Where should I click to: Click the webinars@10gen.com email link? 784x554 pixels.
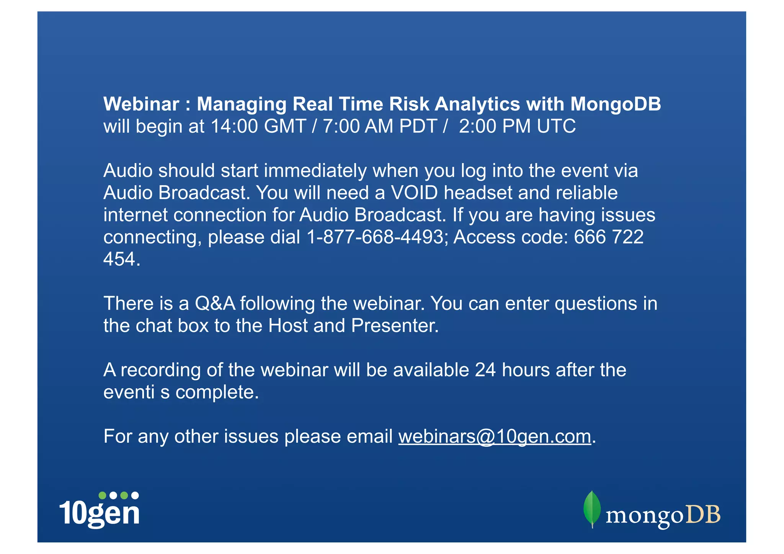[x=495, y=436]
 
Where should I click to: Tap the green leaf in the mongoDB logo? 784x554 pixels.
[x=592, y=508]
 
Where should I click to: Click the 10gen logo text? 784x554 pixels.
[x=100, y=513]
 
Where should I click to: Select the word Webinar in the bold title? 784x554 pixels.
[x=141, y=104]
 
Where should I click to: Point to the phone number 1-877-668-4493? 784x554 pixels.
[x=375, y=237]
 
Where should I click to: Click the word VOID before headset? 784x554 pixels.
[x=414, y=193]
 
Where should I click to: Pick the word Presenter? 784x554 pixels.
[x=394, y=326]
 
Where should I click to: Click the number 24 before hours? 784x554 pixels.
[x=485, y=370]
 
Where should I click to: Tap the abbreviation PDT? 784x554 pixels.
[x=418, y=126]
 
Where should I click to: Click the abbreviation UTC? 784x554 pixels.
[x=556, y=126]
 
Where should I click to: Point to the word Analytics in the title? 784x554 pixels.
[x=477, y=104]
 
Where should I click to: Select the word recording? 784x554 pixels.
[x=160, y=370]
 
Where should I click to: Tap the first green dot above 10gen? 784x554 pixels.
[x=102, y=495]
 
